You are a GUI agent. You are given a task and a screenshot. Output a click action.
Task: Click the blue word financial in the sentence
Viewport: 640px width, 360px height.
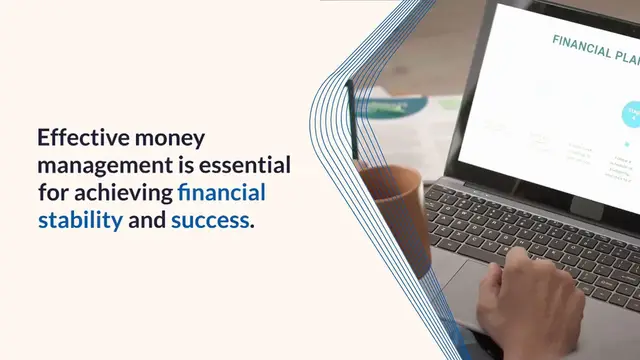[221, 191]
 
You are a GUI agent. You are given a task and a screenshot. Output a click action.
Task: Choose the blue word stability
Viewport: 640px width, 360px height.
[80, 218]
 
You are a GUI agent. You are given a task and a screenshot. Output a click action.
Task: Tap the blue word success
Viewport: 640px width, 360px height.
[209, 218]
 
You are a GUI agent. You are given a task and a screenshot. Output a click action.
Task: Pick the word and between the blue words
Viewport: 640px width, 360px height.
[147, 218]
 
